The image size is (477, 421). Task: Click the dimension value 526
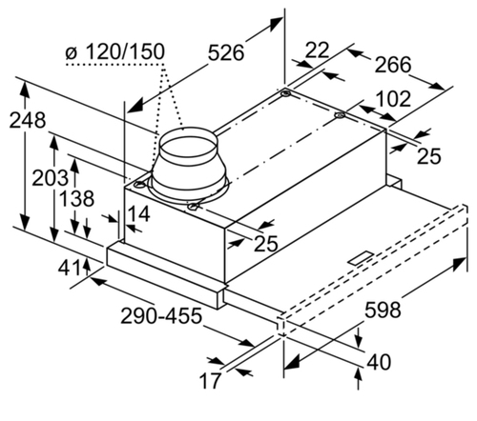coord(226,52)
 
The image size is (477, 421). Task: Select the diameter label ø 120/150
coord(115,51)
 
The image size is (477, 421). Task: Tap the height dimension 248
coord(28,120)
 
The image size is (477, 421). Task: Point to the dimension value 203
coord(51,178)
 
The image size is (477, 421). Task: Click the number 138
coord(76,198)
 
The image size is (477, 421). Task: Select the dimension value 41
coord(69,269)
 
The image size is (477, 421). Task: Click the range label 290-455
coord(161,315)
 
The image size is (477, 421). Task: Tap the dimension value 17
coord(210,381)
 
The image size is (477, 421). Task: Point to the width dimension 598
coord(383,310)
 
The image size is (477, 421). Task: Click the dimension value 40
coord(379,362)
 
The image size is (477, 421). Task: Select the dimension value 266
coord(393,65)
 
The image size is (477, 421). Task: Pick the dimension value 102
coord(393,99)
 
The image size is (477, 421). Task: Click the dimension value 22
coord(317,50)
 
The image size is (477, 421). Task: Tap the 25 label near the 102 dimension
coord(429,156)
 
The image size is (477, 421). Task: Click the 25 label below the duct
coord(266,244)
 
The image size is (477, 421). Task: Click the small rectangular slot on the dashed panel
coord(363,257)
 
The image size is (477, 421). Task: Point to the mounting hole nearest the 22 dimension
coord(285,94)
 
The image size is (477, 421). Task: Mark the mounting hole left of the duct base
coord(139,184)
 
